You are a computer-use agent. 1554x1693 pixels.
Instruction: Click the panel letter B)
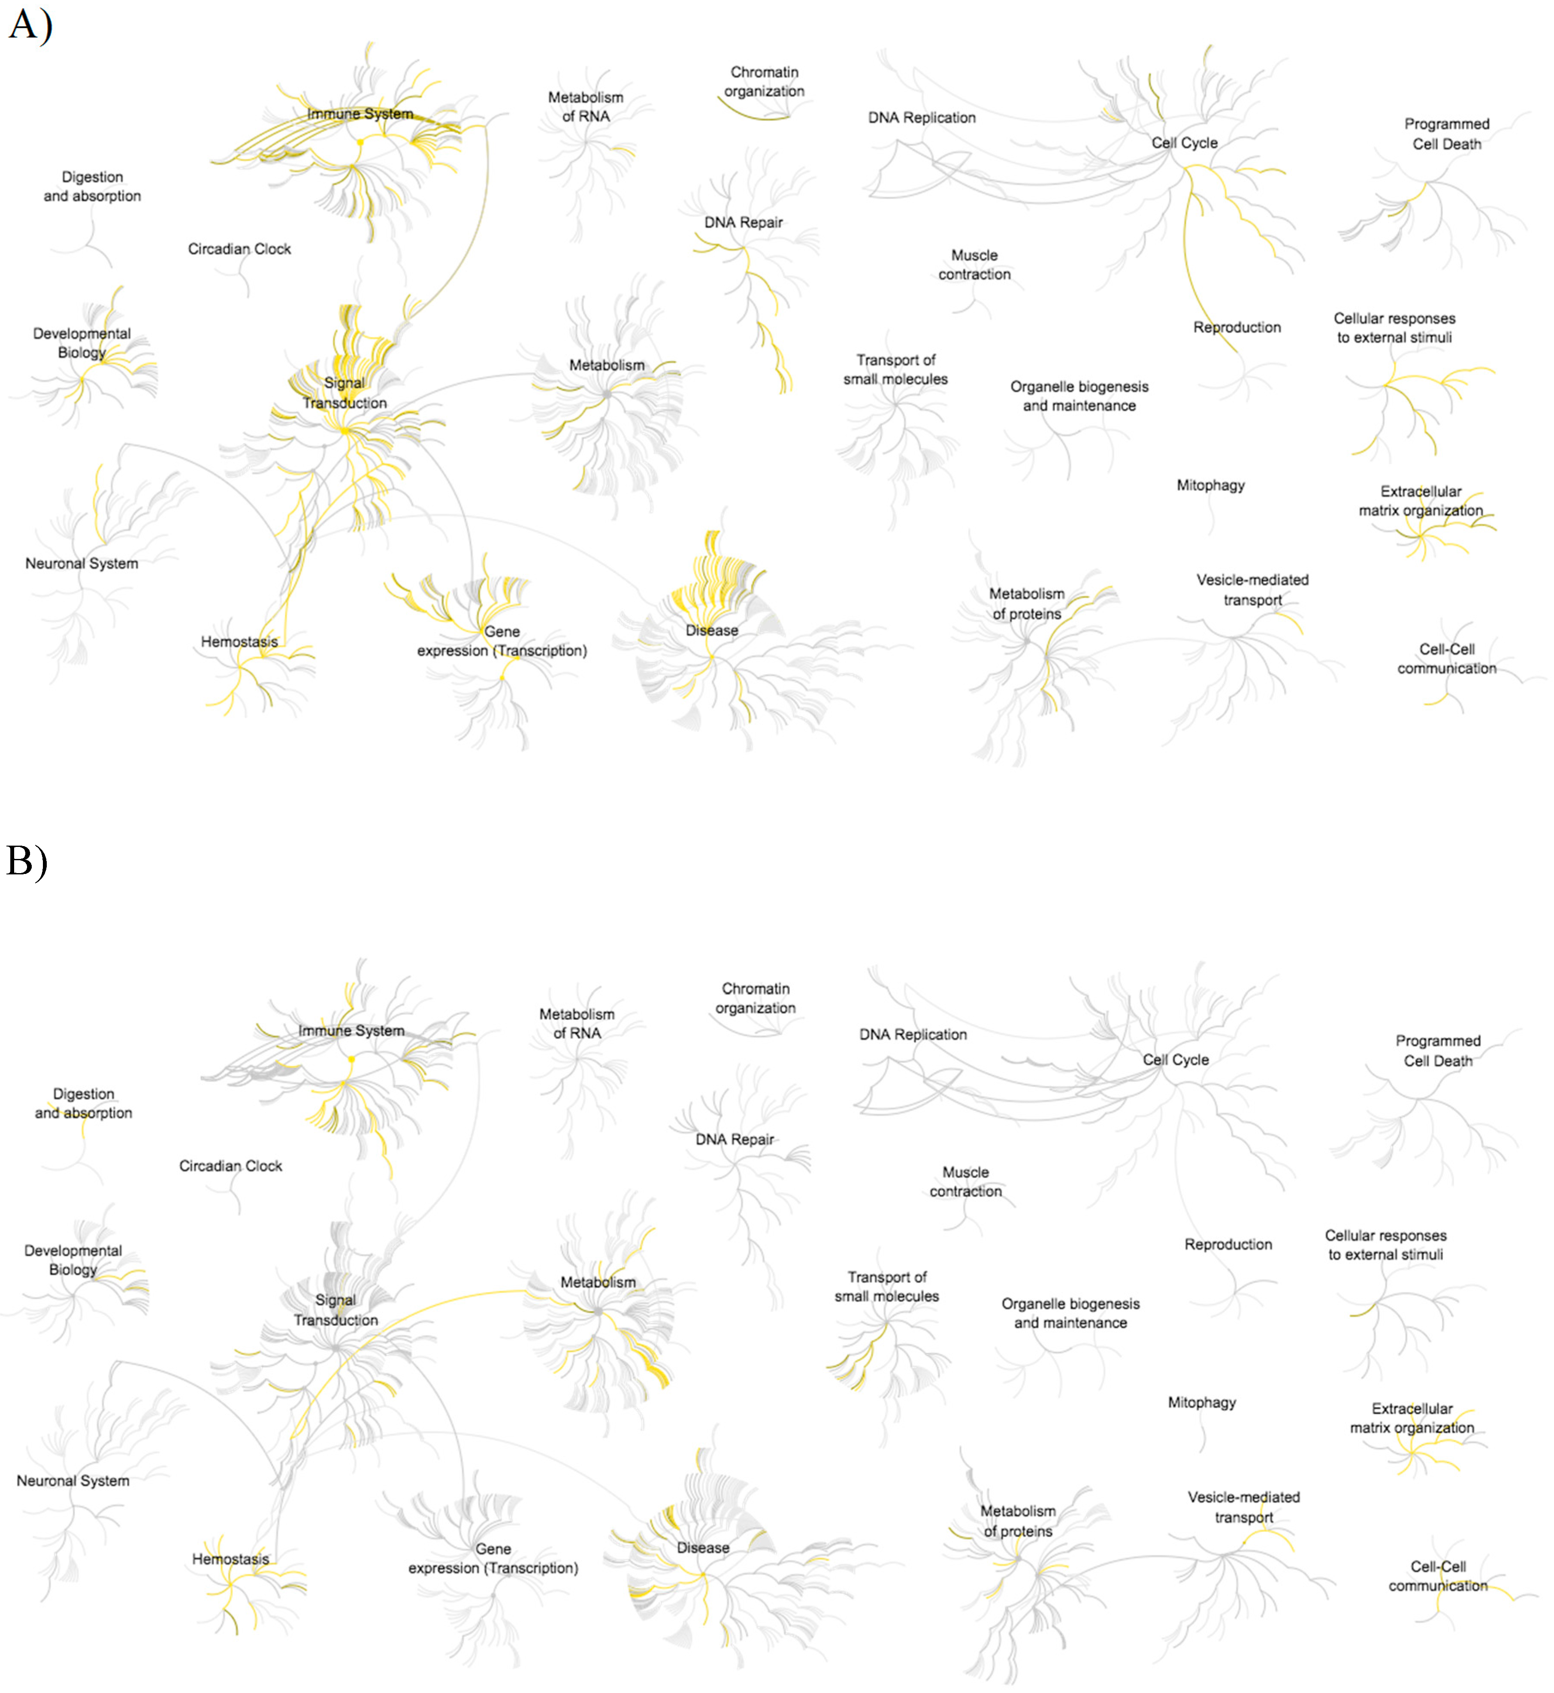27,860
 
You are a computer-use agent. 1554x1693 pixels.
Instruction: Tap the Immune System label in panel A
360,114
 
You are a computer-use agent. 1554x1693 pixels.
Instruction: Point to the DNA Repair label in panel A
744,222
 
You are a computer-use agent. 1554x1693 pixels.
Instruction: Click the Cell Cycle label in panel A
1184,143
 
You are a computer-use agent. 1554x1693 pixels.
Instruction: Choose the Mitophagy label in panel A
1210,485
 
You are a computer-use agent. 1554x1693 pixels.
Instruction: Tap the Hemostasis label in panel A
239,642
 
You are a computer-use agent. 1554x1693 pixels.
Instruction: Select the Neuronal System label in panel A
82,563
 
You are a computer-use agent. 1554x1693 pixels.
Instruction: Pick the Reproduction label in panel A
1237,327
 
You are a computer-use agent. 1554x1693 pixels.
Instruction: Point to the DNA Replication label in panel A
922,118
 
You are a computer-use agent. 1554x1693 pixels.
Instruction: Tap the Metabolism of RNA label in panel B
577,1024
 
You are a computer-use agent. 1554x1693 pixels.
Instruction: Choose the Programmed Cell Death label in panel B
1438,1050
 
